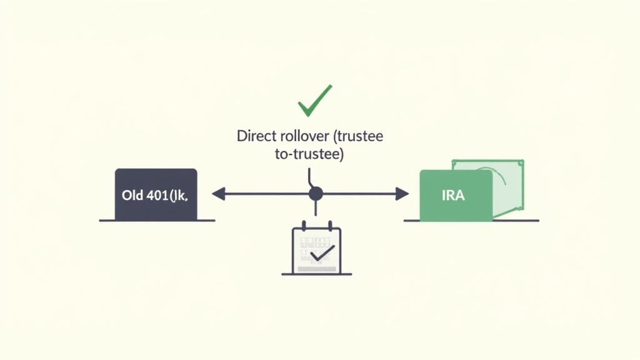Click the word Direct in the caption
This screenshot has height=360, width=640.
(254, 136)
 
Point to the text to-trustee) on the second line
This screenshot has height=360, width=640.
(309, 154)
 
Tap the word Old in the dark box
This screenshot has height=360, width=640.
(132, 194)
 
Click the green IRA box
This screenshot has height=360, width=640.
(455, 195)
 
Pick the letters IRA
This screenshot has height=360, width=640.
(453, 195)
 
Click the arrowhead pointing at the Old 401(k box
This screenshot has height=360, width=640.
(218, 194)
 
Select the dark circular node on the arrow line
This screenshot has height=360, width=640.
(316, 194)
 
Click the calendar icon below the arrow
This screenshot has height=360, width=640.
(317, 249)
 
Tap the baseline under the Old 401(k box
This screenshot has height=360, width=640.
(157, 220)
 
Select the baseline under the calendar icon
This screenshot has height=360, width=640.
(316, 274)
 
